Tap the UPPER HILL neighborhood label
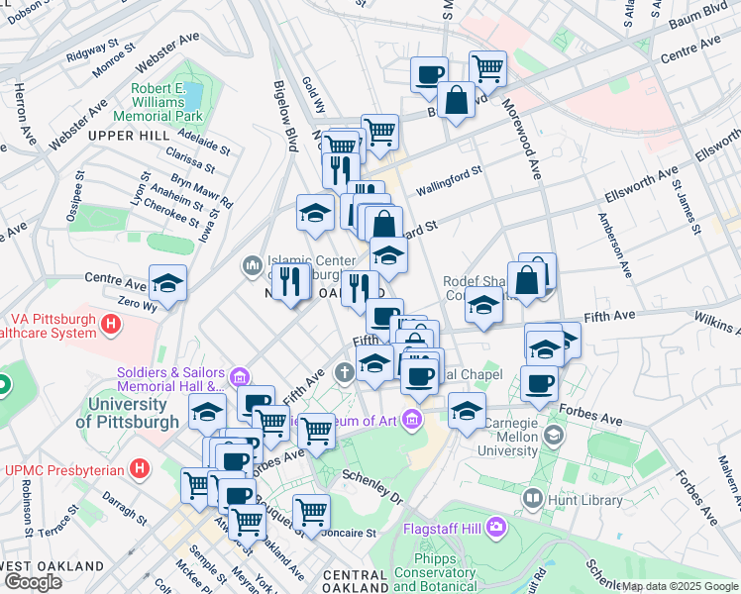[128, 135]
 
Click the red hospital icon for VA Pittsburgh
[111, 323]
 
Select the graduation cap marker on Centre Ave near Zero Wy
[167, 284]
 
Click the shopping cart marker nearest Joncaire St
[311, 512]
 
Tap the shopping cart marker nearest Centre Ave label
[487, 68]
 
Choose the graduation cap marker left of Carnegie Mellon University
[467, 410]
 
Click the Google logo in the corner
[33, 582]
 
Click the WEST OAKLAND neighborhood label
[52, 565]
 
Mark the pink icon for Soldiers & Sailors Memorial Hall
[239, 377]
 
